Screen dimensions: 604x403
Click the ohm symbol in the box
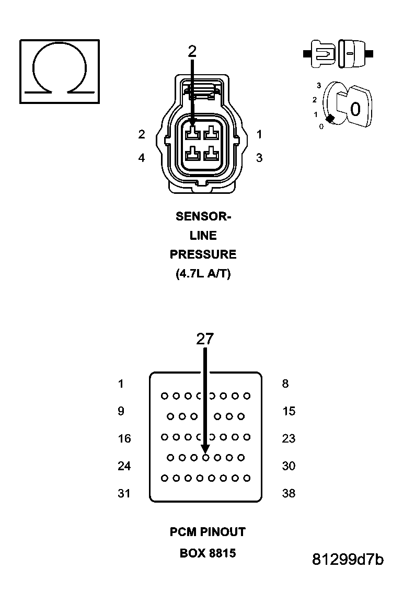point(59,71)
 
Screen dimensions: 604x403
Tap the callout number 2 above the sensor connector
point(192,51)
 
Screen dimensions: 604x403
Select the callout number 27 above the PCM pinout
point(205,339)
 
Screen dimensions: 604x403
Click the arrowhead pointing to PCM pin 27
point(205,449)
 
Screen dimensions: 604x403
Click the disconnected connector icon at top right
point(338,53)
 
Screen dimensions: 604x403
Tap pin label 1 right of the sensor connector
point(259,134)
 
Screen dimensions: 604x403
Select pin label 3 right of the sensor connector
point(259,158)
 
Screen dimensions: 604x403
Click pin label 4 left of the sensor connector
point(142,158)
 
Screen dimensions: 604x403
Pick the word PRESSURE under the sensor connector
point(203,254)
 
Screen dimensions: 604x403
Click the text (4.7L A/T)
point(203,274)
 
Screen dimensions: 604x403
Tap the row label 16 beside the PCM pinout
point(124,438)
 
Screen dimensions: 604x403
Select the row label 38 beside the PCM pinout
point(289,493)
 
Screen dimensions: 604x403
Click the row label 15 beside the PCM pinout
point(289,411)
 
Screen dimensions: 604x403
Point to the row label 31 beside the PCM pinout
point(124,493)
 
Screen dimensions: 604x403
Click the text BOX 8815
point(208,553)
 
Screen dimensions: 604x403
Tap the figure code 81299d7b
point(348,560)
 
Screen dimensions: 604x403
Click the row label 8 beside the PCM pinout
point(285,384)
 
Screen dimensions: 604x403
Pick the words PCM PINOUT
point(208,532)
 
